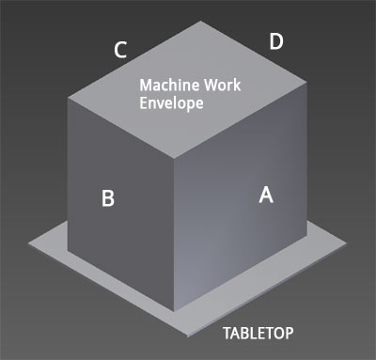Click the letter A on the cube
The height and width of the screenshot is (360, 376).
(x=266, y=195)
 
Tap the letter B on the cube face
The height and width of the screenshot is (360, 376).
(x=108, y=198)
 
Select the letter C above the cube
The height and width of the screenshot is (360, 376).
(x=120, y=50)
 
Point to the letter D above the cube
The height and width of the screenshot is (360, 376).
(x=275, y=40)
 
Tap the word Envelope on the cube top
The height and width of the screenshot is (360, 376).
(x=172, y=103)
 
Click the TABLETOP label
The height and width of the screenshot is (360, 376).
(x=258, y=333)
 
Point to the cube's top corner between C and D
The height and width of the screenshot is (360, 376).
(x=199, y=21)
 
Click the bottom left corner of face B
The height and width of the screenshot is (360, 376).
(x=69, y=255)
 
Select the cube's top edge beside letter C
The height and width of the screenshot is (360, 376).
(x=132, y=60)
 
